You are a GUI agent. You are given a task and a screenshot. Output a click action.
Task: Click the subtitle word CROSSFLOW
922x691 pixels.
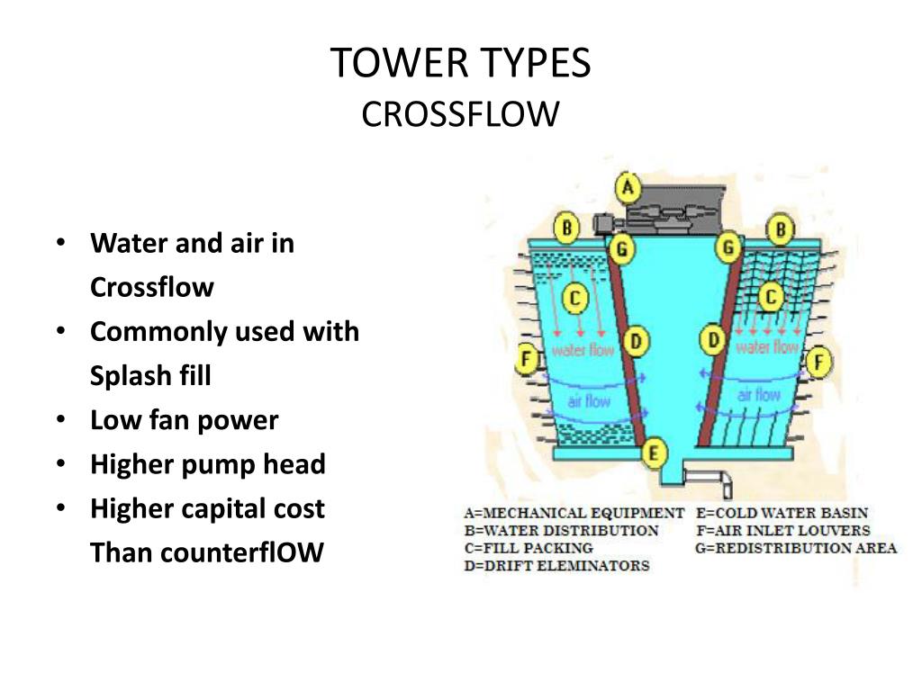tap(460, 114)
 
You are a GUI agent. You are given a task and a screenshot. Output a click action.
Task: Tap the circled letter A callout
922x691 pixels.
tap(628, 189)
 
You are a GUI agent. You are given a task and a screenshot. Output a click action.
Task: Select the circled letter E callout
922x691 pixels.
tap(655, 452)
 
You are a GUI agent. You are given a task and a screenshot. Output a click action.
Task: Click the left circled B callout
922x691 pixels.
tap(566, 228)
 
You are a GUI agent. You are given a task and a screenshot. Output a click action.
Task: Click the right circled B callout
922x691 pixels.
tap(780, 229)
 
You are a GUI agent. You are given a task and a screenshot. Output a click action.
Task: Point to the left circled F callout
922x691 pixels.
tap(528, 361)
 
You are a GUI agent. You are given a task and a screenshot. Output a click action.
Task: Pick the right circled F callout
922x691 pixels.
tap(818, 363)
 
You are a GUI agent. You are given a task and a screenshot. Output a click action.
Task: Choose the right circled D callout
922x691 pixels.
tap(714, 340)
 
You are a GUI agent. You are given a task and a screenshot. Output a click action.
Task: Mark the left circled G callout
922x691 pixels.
tap(620, 247)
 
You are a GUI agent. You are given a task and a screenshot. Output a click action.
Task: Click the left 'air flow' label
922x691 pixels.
tap(589, 401)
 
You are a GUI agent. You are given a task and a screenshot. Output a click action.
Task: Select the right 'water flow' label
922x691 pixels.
tap(767, 347)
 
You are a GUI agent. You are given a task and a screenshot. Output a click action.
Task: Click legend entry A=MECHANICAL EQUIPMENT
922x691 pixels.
tap(574, 513)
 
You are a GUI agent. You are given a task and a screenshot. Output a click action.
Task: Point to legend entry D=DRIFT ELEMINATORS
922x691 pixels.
tap(556, 566)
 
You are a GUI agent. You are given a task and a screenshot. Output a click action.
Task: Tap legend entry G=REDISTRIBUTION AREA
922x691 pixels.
tap(796, 548)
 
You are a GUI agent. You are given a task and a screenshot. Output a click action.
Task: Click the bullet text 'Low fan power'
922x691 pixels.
tap(185, 420)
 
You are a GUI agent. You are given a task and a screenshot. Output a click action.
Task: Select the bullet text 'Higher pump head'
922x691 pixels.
tap(208, 464)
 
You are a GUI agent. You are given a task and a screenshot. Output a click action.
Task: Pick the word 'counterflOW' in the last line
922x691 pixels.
tap(241, 552)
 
